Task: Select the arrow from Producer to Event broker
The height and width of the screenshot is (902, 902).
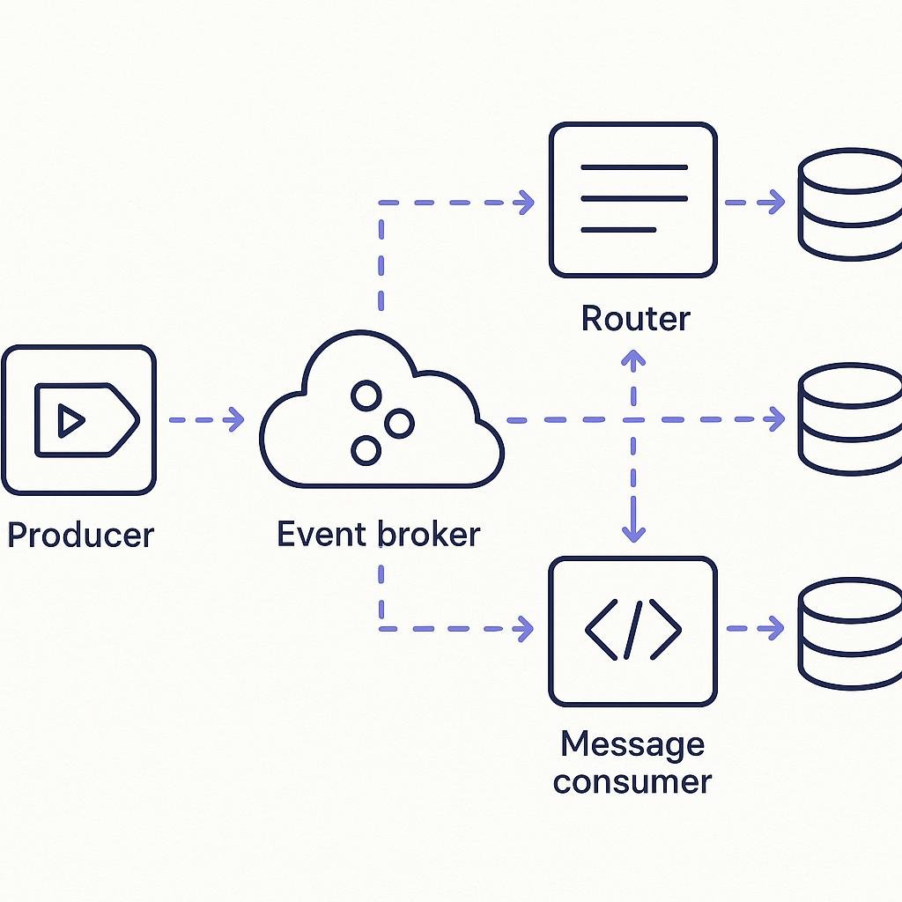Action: coord(206,419)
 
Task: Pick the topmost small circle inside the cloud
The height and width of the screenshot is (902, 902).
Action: coord(366,396)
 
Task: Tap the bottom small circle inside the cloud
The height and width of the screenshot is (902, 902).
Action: coord(366,450)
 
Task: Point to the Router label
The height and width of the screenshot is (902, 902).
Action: coord(635,318)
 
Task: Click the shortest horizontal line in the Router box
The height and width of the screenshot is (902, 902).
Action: coord(618,230)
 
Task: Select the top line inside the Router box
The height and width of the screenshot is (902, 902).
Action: coord(634,167)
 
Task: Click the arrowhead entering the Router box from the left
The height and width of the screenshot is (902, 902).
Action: coord(527,203)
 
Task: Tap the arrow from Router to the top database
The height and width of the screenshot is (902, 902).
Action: coord(755,203)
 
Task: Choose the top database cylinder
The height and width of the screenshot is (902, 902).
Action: coord(851,204)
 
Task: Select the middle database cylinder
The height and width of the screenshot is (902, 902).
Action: coord(851,418)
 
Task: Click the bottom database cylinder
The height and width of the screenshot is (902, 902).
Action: coord(851,633)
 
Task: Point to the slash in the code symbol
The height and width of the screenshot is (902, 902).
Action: coord(632,630)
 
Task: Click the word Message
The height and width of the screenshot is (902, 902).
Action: coord(632,745)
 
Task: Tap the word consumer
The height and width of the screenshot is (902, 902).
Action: coord(632,782)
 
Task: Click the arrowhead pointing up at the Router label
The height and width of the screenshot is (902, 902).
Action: coord(633,358)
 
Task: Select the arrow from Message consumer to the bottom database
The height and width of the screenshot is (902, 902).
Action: coord(755,628)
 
